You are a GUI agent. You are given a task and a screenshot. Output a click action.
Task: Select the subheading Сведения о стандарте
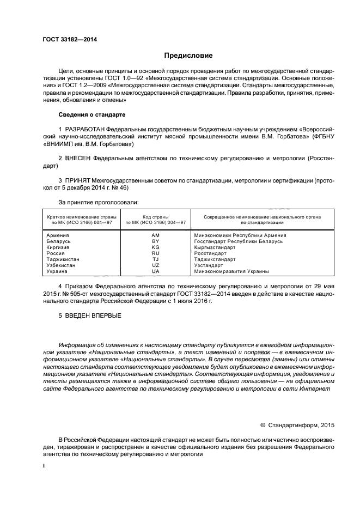(92, 115)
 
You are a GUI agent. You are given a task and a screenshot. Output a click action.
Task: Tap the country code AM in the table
(155, 235)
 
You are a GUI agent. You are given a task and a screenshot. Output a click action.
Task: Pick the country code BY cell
(155, 241)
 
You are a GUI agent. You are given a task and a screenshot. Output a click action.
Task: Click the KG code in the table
(155, 247)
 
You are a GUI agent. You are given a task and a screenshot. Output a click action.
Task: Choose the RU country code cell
(155, 253)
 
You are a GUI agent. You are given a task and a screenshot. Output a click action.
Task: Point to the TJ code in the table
(155, 259)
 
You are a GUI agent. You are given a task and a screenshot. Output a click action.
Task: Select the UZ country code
(155, 265)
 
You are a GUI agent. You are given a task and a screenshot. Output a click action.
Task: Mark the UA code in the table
(155, 271)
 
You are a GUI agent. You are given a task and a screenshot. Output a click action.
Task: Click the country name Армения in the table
(58, 235)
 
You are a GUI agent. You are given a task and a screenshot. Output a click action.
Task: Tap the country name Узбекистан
(62, 265)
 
